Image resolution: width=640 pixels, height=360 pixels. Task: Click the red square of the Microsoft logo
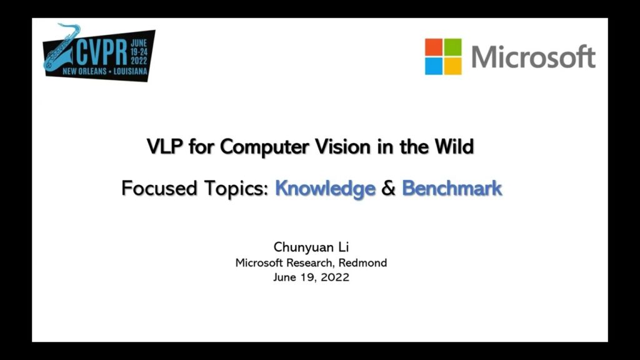(434, 47)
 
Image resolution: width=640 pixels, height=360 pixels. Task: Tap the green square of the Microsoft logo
(453, 47)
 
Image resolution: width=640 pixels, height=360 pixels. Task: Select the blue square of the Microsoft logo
(434, 66)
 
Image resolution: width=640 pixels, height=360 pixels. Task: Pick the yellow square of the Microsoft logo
(453, 66)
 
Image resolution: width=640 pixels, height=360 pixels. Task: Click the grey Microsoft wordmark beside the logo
(534, 56)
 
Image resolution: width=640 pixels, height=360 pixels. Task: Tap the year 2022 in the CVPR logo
(139, 61)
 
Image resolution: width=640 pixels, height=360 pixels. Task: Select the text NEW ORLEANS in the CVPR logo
(84, 71)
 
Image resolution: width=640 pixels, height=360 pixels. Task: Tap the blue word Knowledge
(325, 189)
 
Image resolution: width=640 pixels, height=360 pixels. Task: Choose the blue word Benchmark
(452, 188)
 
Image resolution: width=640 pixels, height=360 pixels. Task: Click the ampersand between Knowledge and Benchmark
(389, 189)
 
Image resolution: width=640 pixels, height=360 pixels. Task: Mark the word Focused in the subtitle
(159, 189)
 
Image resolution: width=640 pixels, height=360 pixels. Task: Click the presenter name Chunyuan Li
(311, 247)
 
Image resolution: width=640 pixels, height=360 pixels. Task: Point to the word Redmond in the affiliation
(363, 263)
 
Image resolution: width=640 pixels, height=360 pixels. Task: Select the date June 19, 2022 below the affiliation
(311, 277)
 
